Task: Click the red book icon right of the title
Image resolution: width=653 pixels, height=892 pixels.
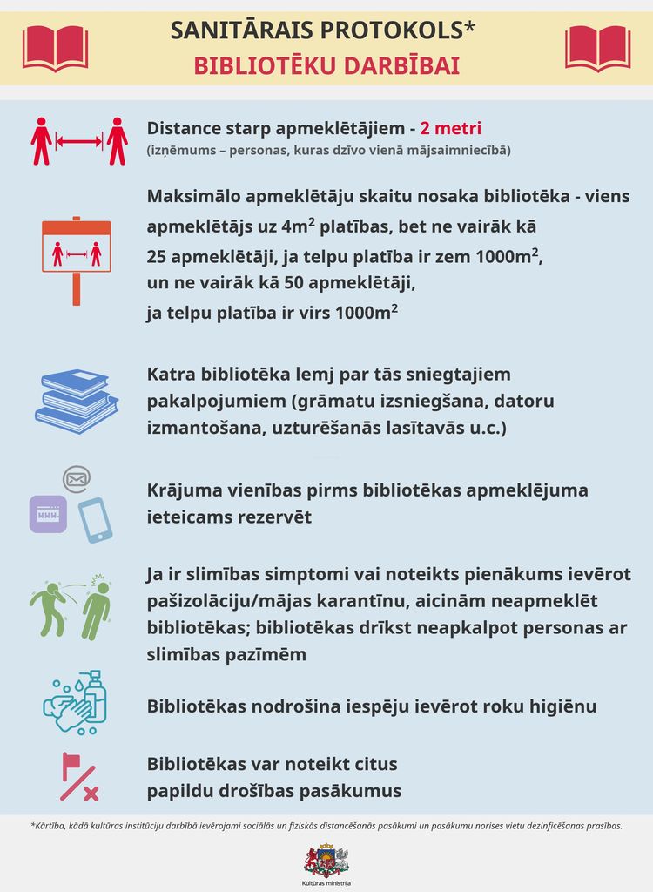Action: coord(597,47)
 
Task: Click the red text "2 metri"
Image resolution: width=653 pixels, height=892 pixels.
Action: coord(450,128)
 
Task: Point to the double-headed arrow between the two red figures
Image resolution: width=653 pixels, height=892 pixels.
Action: coord(79,140)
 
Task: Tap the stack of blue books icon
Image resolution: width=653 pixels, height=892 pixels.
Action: coord(77,400)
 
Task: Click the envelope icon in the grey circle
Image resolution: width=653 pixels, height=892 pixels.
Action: coord(77,478)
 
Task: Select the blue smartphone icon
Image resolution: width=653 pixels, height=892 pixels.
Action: coord(95,519)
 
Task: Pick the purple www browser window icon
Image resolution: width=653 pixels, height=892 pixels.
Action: coord(47,514)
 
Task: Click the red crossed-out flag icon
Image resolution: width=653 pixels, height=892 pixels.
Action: coord(77,777)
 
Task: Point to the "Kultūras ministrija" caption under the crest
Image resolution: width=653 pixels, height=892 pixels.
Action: coord(326,883)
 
